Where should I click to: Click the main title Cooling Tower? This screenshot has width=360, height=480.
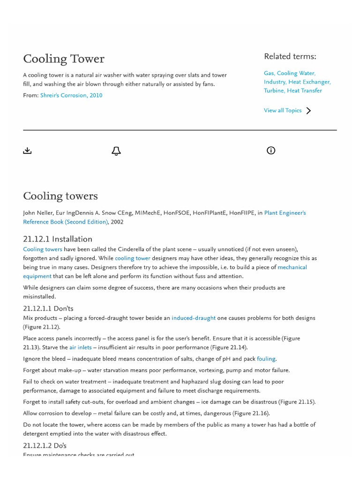64,59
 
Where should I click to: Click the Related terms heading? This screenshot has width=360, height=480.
290,57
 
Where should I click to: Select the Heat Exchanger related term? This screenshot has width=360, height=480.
309,82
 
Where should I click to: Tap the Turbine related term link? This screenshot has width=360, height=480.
274,90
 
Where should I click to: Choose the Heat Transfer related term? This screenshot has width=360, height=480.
304,90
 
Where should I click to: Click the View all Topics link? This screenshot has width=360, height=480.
283,111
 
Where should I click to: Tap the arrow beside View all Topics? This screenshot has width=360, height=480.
308,111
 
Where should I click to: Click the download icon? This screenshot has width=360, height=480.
27,150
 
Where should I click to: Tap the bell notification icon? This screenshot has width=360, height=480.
116,150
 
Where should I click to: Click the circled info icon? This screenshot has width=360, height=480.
271,150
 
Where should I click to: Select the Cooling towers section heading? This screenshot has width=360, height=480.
60,196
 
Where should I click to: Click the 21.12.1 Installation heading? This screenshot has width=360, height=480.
58,239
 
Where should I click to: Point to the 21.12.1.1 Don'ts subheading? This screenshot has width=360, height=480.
48,308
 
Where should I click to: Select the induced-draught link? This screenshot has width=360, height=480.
194,318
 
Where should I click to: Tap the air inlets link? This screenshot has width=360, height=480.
81,347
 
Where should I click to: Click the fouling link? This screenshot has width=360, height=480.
266,359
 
